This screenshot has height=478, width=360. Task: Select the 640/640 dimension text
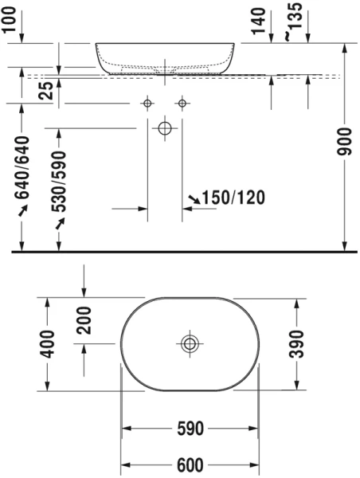[23, 169]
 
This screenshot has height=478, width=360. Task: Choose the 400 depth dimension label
[47, 343]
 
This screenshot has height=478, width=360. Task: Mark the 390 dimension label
[297, 343]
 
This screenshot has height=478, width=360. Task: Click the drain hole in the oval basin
[190, 344]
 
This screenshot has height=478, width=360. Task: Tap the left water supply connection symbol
[147, 104]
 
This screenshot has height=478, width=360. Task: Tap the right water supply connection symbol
[182, 104]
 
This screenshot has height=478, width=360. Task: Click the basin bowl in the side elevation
[166, 57]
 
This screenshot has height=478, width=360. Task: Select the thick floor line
[180, 251]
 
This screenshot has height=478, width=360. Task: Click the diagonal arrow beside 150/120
[194, 198]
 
